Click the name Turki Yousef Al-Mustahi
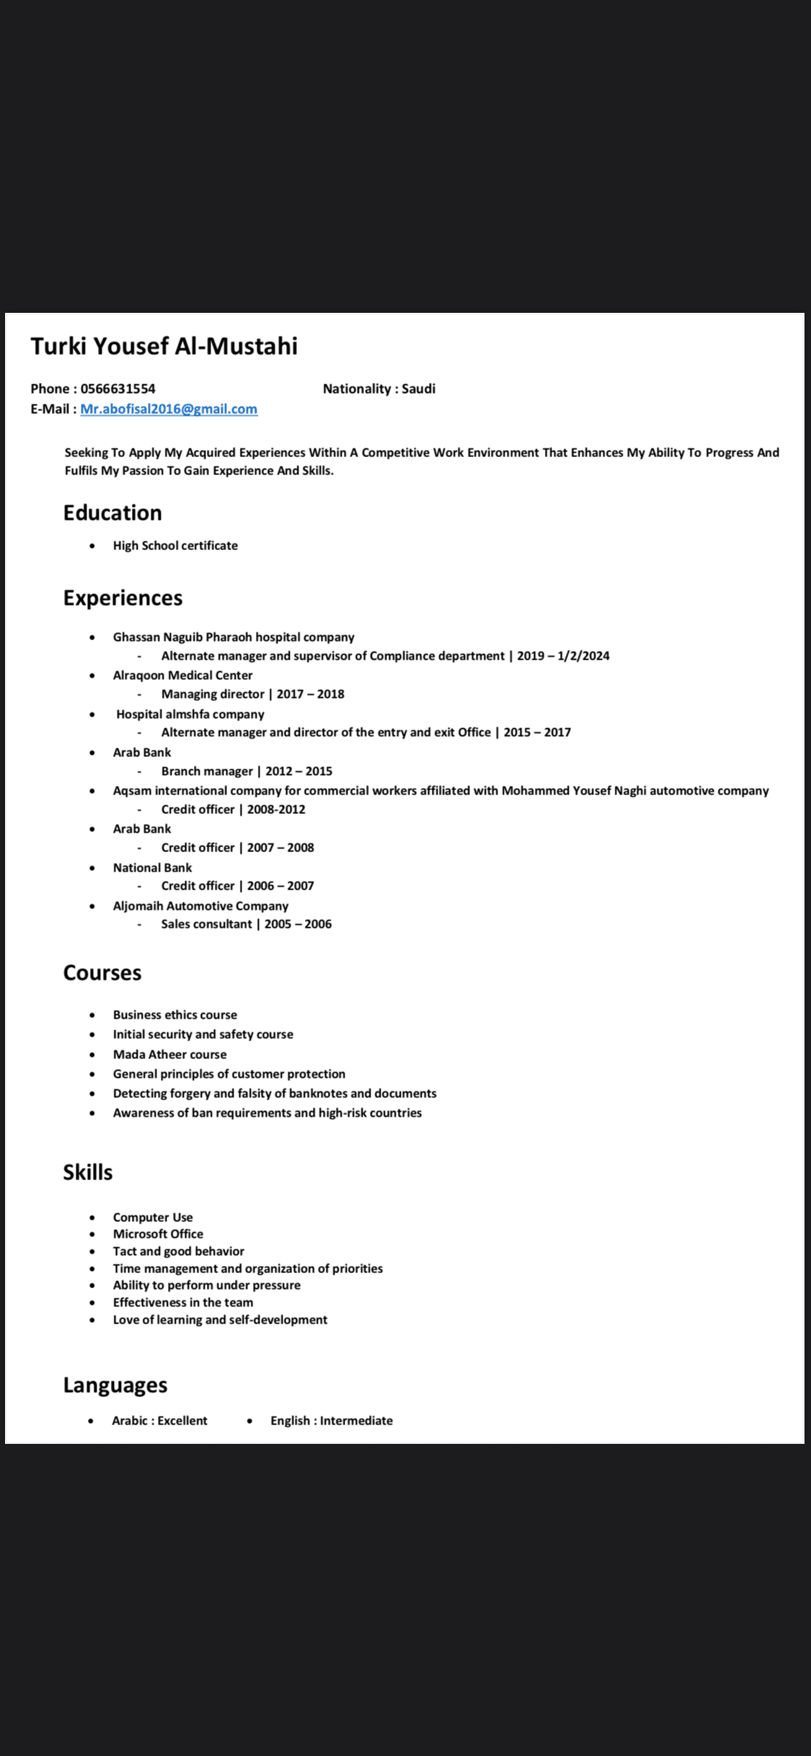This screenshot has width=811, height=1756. coord(164,346)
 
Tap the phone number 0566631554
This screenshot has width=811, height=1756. coord(118,389)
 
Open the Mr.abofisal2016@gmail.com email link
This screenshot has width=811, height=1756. coord(169,409)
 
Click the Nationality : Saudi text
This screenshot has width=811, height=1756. coord(378,389)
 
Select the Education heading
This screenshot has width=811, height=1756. coord(112,513)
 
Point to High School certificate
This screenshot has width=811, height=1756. coord(175,546)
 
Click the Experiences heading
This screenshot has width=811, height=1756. coord(123,598)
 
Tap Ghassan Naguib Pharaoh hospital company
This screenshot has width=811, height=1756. coord(234,637)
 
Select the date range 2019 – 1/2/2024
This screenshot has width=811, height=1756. coord(563,656)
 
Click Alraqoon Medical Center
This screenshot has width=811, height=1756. coord(182,675)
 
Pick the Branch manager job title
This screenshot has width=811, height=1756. coord(207,771)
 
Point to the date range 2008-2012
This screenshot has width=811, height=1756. coord(276,810)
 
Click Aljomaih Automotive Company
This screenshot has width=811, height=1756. coord(200,906)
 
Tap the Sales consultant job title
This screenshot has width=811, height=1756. coord(207,924)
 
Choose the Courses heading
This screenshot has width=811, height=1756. coord(102,972)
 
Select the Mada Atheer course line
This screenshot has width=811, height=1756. coord(169,1055)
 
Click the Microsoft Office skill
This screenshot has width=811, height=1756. coord(158,1234)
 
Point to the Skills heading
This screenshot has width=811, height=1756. coord(88,1172)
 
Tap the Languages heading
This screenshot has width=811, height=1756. coord(115,1385)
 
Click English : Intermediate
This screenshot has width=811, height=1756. coord(332,1421)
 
